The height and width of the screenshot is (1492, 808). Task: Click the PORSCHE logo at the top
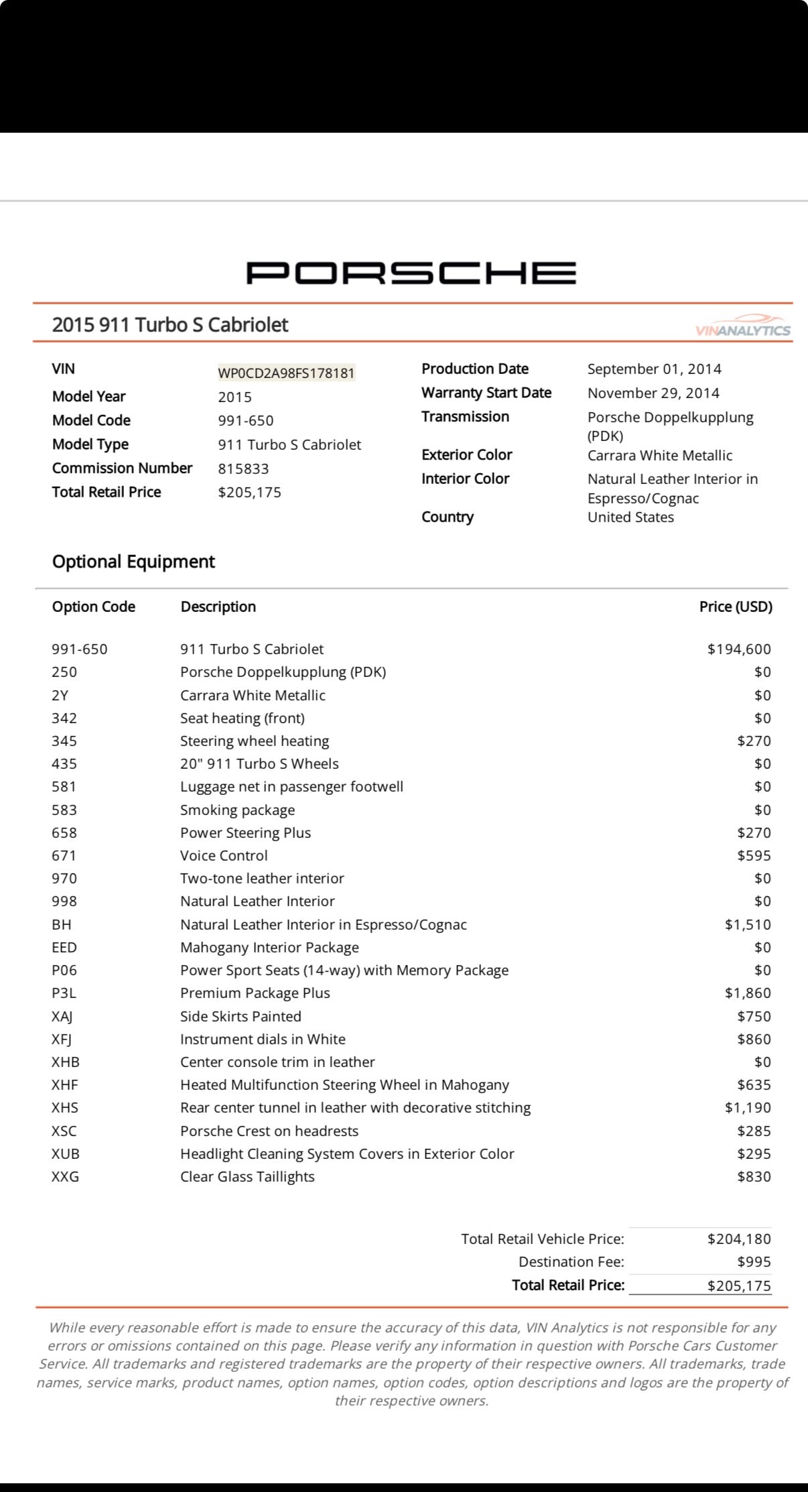coord(411,273)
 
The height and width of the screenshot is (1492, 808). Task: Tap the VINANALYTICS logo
coord(743,329)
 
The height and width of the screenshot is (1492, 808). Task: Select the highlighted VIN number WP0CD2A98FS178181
coord(286,373)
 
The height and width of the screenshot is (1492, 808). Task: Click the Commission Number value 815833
coord(243,469)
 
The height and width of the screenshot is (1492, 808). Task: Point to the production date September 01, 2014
coord(654,369)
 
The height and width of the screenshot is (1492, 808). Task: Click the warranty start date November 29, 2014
coord(653,393)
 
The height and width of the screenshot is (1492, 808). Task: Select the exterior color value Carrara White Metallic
coord(659,455)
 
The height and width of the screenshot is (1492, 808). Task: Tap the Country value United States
coord(630,517)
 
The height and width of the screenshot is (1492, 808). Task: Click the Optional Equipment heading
coord(133,561)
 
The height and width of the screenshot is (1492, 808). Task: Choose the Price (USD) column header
coord(735,607)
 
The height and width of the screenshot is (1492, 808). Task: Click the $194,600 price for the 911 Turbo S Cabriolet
coord(739,649)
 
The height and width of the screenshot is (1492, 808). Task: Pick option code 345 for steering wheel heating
coord(64,741)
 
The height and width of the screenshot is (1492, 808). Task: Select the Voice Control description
coord(224,855)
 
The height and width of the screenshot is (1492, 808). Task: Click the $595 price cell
coord(754,855)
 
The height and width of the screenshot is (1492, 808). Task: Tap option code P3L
coord(64,993)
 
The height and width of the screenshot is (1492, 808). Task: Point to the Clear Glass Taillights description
coord(247,1176)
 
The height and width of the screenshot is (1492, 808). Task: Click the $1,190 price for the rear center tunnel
coord(748,1107)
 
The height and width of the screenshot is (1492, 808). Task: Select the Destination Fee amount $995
coord(754,1261)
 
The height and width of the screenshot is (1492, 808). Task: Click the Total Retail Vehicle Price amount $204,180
coord(739,1239)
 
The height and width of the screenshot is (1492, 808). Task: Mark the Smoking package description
coord(237,810)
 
